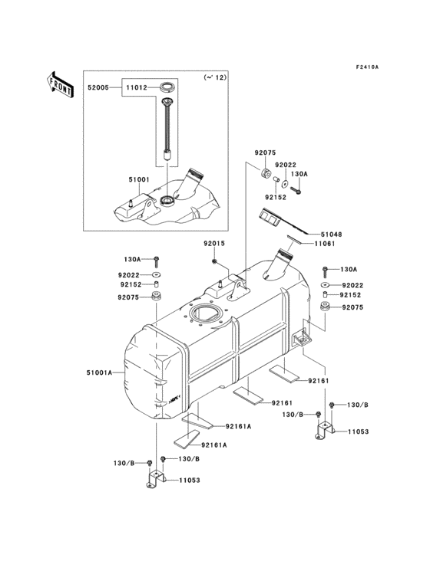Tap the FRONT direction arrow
tap(60, 84)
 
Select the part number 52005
tap(98, 88)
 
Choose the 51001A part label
tap(100, 372)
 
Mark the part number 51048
tap(332, 235)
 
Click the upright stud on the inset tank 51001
tap(131, 204)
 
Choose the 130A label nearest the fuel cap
tap(299, 174)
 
